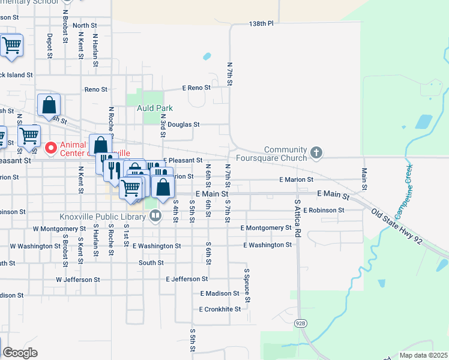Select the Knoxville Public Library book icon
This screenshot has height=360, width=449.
(x=155, y=215)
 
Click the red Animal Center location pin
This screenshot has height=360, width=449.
(x=51, y=147)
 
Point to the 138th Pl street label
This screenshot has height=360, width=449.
(x=261, y=24)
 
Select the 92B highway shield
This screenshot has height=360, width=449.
(x=301, y=323)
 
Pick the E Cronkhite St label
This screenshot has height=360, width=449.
(x=220, y=310)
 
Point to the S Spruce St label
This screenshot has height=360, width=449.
(x=246, y=284)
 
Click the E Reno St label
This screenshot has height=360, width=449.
(x=196, y=88)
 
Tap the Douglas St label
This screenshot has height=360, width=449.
(x=183, y=124)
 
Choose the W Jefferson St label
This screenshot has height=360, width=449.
(x=78, y=280)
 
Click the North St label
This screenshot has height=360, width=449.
(x=85, y=25)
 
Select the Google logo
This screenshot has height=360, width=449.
(x=20, y=353)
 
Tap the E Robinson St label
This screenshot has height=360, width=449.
(x=324, y=211)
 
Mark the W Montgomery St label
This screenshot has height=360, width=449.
(x=59, y=229)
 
